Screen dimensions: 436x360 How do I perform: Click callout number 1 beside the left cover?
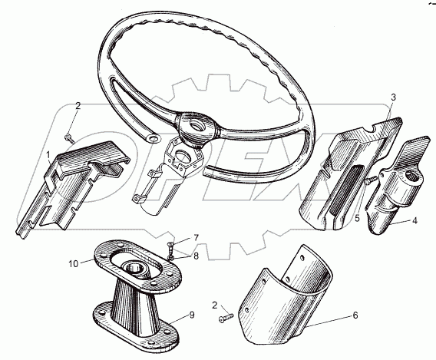[48, 155]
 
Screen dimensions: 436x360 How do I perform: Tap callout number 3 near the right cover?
[393, 97]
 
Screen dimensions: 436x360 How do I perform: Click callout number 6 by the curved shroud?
[355, 315]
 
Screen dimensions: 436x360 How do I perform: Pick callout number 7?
[196, 238]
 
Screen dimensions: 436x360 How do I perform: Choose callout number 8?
[196, 256]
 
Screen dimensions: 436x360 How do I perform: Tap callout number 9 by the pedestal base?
[192, 315]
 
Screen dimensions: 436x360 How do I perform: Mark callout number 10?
[74, 264]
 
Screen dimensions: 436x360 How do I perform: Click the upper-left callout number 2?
[78, 106]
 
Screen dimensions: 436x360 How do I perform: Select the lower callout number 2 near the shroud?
[214, 306]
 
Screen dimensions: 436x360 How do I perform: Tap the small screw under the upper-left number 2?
[70, 138]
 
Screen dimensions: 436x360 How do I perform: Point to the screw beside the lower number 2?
[226, 318]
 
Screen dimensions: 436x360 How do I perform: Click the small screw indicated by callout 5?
[371, 180]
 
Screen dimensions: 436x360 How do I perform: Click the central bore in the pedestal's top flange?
[136, 268]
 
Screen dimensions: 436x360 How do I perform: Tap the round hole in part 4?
[411, 176]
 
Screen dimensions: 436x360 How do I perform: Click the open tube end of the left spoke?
[152, 138]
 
